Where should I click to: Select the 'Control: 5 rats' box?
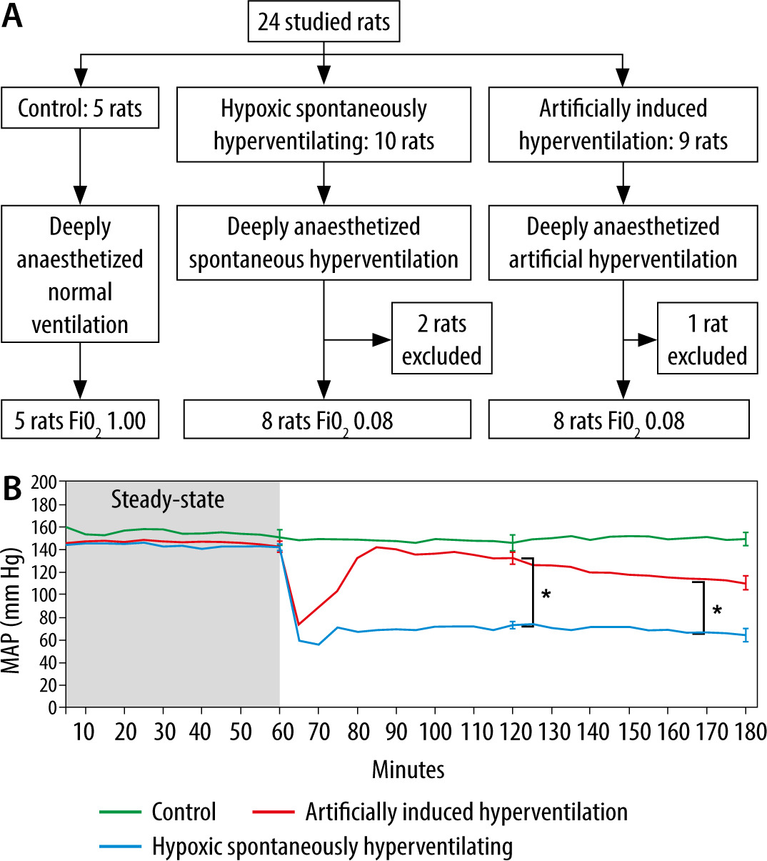click(x=80, y=109)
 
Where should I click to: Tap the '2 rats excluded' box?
click(x=441, y=339)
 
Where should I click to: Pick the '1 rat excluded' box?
click(x=707, y=339)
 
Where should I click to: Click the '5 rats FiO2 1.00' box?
click(x=80, y=420)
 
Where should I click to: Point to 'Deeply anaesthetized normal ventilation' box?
click(x=80, y=275)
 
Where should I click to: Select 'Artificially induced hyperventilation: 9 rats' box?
click(x=623, y=124)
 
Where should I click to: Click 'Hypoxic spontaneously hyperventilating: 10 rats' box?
click(x=324, y=124)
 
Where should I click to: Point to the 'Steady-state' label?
click(x=167, y=499)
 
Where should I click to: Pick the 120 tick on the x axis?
click(x=512, y=732)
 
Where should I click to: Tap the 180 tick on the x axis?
click(x=746, y=732)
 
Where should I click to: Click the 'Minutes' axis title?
click(x=408, y=769)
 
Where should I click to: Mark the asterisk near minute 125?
click(x=546, y=594)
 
